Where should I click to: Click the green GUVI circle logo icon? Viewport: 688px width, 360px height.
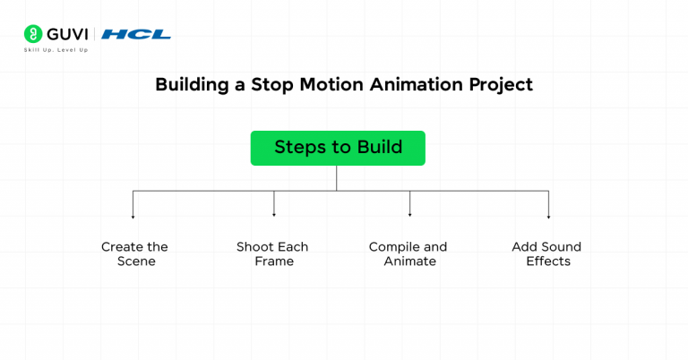point(33,34)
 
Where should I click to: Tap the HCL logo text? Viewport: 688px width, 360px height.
point(136,34)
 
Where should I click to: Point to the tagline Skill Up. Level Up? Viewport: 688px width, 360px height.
point(56,50)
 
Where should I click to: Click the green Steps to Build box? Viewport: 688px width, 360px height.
point(337,148)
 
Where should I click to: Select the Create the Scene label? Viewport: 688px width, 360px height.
point(134,254)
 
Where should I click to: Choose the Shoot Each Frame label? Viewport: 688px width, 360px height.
point(272,254)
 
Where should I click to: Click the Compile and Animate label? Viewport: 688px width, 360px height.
point(408,254)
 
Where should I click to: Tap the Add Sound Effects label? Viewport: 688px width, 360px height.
point(546,254)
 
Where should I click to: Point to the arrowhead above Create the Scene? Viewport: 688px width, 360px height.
point(133,217)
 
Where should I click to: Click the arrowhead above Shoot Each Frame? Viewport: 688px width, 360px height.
point(273,215)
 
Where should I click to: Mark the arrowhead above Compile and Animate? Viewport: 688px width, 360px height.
point(409,215)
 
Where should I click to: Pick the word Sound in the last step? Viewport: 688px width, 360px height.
point(563,247)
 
